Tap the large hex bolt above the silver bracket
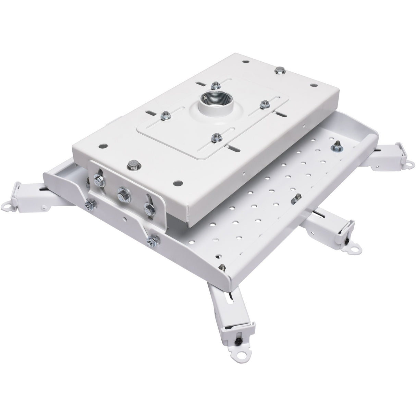coord(132,166)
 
